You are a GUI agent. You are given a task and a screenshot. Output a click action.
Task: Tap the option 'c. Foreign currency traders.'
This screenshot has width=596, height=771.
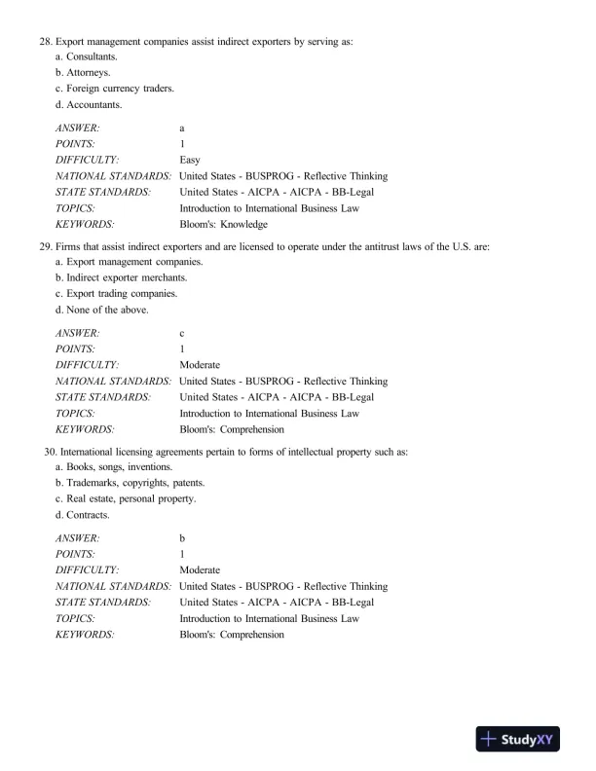tap(115, 89)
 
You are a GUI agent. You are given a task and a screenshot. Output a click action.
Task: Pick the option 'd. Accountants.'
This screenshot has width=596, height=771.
tap(89, 104)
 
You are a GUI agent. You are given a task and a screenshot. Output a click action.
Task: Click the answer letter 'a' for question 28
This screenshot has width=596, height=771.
tap(182, 128)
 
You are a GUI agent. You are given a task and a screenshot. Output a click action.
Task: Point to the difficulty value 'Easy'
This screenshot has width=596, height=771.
tap(190, 160)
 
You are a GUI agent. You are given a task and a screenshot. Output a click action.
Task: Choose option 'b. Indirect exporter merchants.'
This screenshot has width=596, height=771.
tap(121, 278)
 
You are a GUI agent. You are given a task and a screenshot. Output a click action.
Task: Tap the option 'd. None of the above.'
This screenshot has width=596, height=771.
tap(102, 310)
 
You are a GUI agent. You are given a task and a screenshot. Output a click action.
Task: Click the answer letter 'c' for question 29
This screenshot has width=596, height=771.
tap(182, 334)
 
